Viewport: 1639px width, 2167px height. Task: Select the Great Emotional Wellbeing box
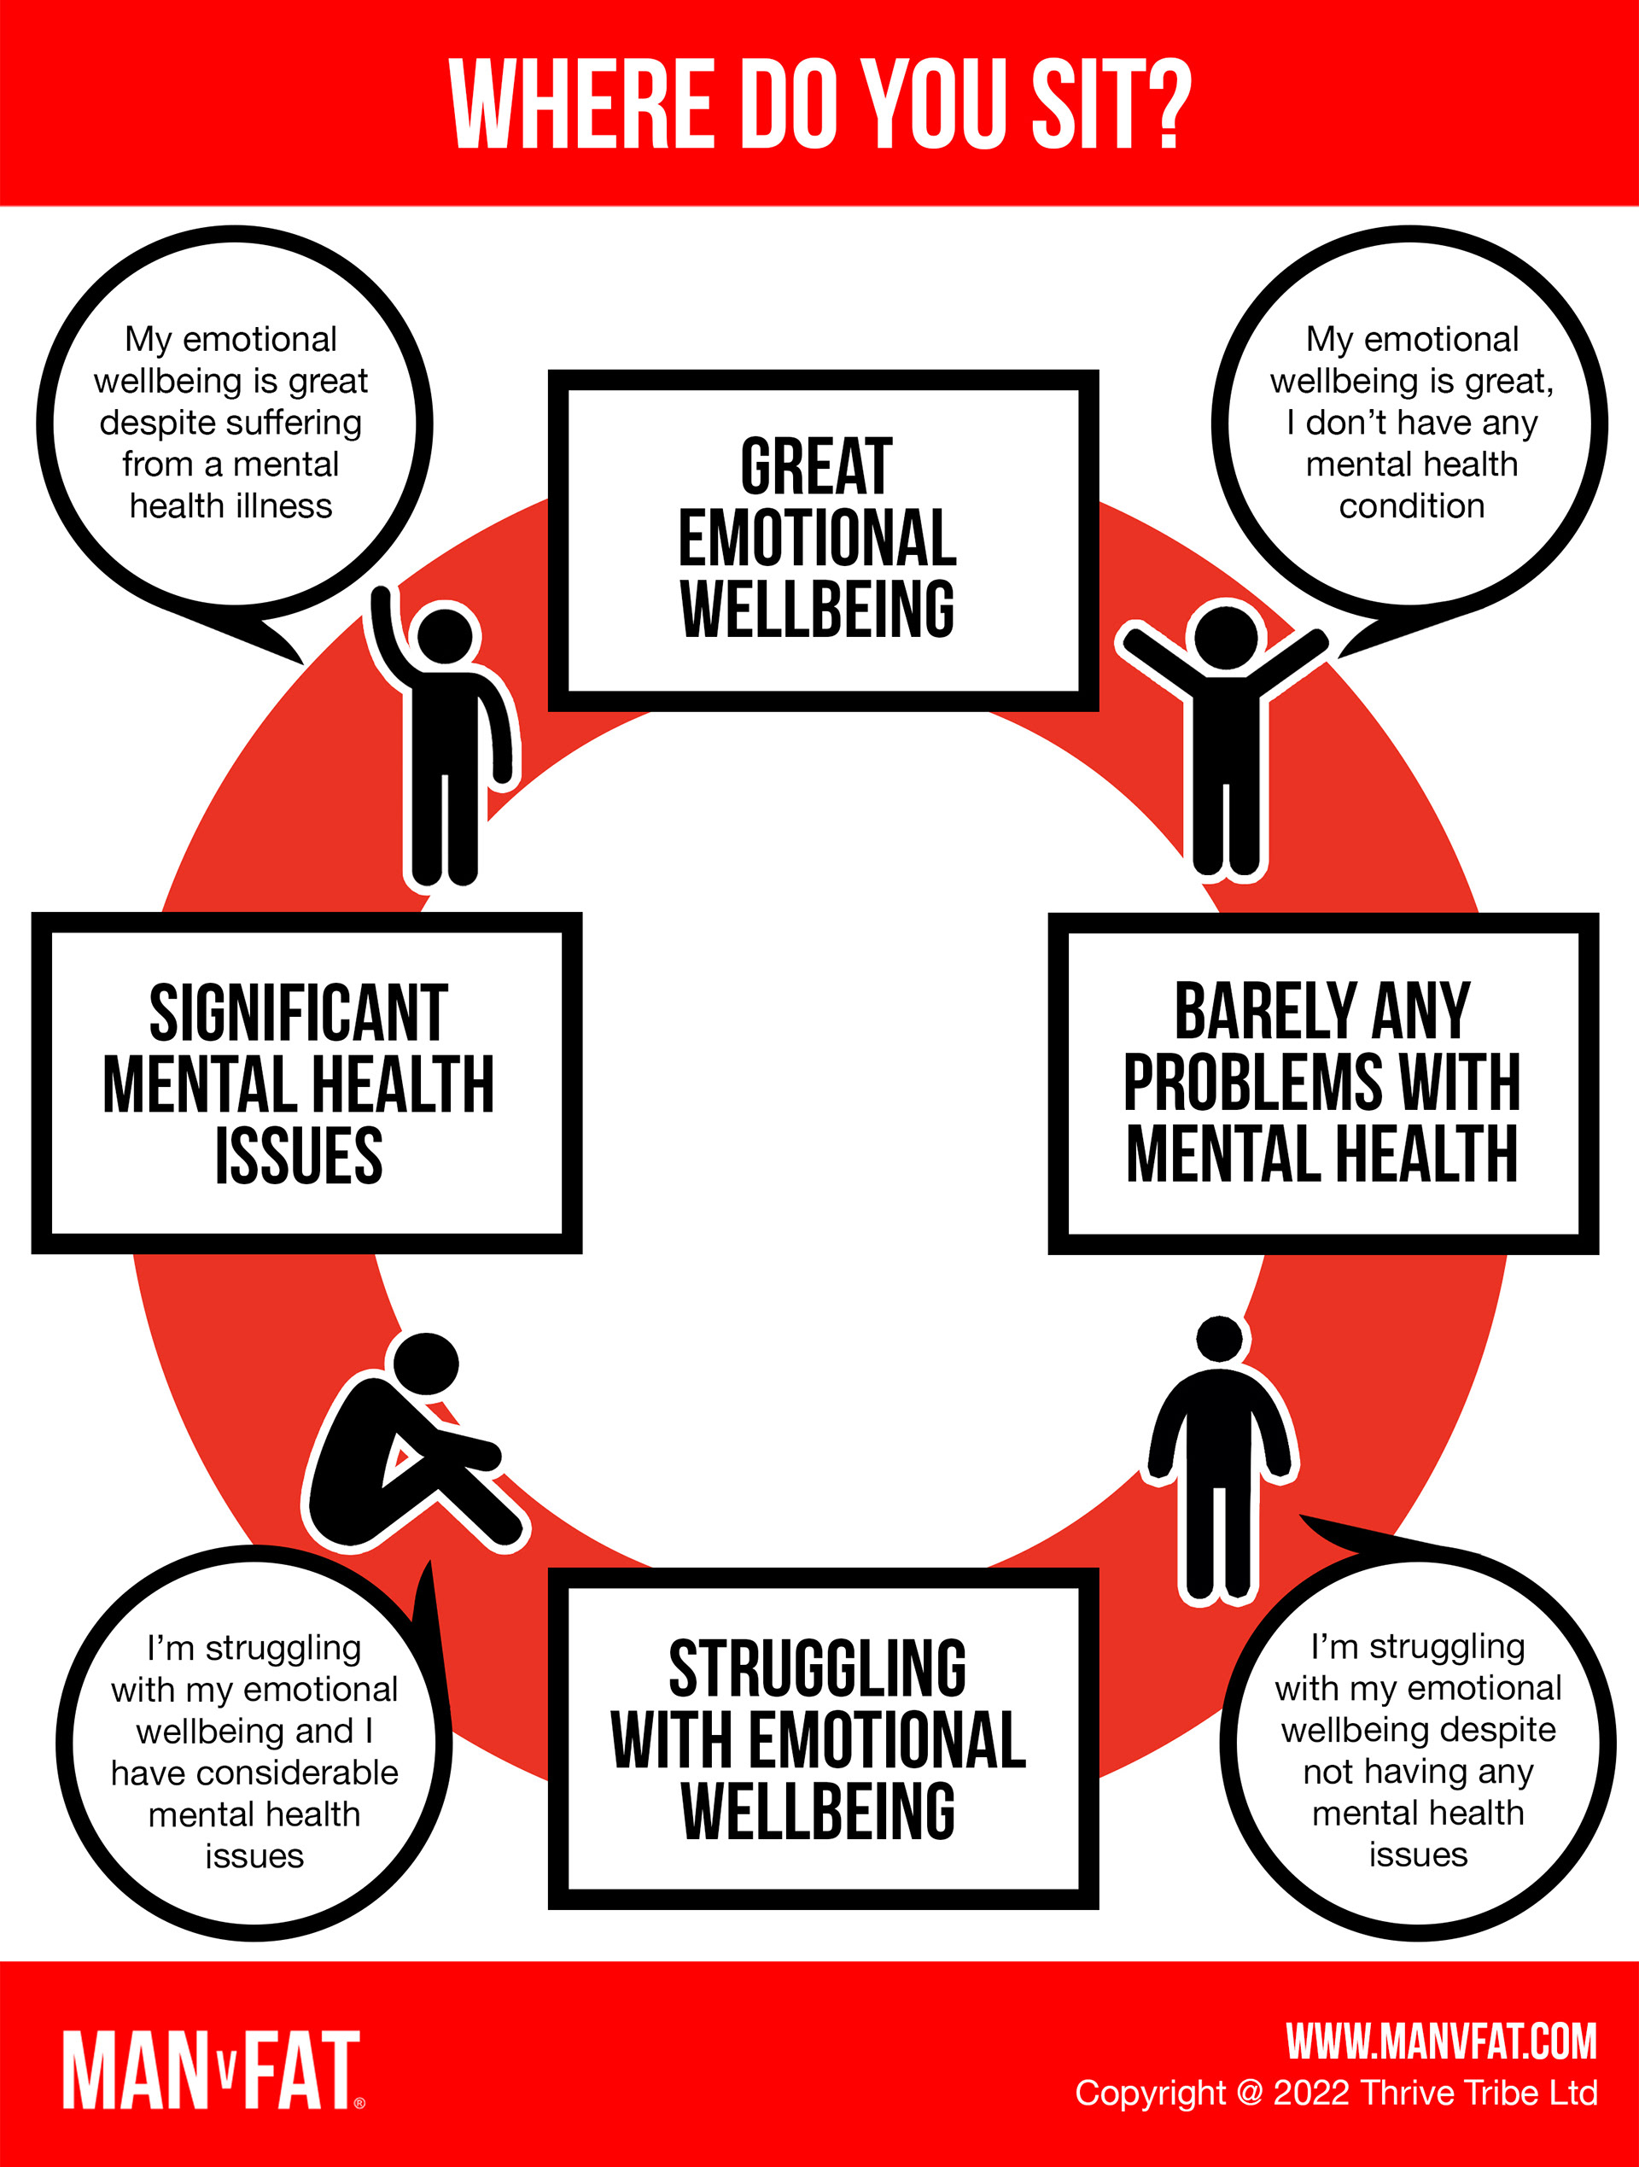pos(822,540)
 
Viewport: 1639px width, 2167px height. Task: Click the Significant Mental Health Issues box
pos(306,1083)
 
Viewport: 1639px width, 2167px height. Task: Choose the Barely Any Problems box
pos(1322,1083)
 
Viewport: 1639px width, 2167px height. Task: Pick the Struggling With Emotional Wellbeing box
pos(822,1739)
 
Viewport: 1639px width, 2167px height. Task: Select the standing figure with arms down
pos(1220,1460)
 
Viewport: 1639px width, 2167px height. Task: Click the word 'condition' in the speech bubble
pos(1412,506)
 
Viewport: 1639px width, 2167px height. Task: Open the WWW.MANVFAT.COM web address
pos(1441,2041)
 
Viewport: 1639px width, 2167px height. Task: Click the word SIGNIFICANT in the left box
pos(299,1013)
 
